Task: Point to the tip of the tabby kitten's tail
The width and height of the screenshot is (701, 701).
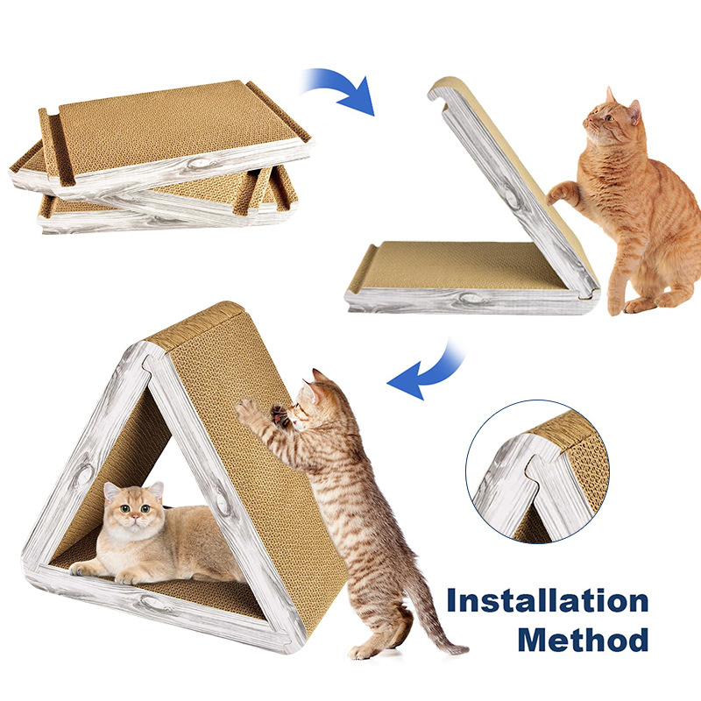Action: click(x=461, y=650)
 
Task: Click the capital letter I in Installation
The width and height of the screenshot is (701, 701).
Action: click(x=452, y=603)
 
